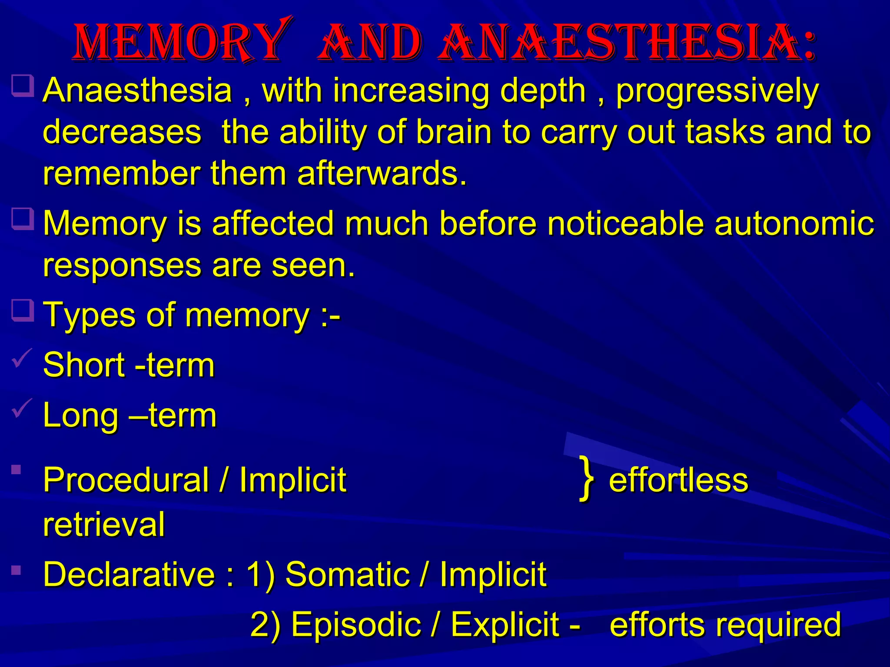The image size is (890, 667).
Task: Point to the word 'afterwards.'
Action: point(382,173)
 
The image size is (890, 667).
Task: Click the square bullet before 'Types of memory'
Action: point(23,310)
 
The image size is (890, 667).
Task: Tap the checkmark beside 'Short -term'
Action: point(22,359)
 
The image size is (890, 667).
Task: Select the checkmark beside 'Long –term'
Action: point(22,409)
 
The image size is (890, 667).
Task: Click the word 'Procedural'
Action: point(126,480)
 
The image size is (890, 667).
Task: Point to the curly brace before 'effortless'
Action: point(587,479)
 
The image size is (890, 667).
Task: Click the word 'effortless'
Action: point(678,480)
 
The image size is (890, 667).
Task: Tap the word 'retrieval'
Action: point(104,524)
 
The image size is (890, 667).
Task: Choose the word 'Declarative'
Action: point(129,574)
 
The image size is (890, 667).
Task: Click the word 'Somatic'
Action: point(347,574)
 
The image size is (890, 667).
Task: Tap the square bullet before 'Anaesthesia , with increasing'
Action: point(23,86)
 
